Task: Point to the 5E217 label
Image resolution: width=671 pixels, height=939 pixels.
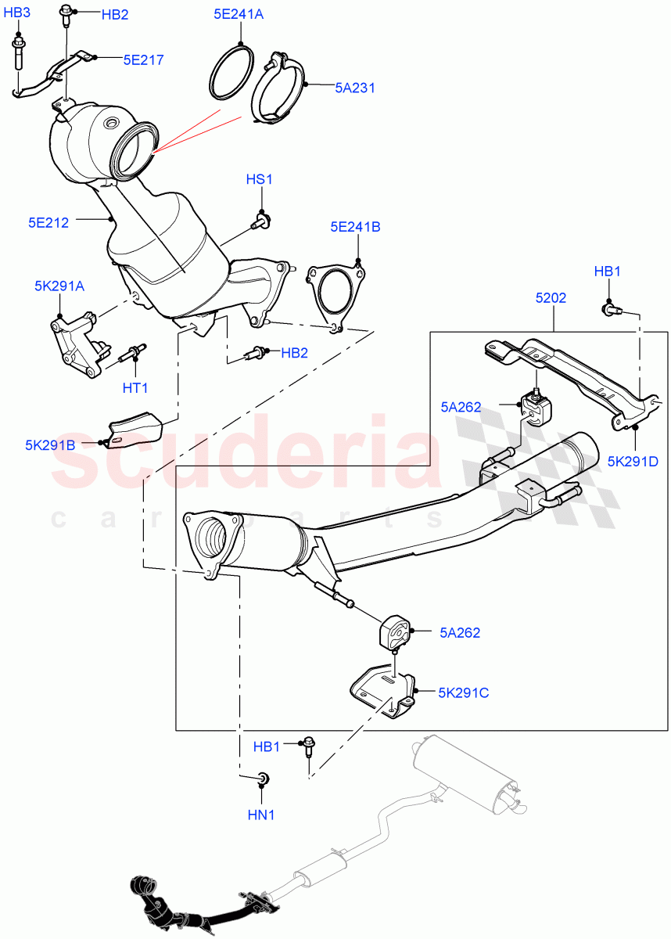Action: click(143, 59)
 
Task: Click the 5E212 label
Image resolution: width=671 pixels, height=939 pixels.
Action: click(48, 222)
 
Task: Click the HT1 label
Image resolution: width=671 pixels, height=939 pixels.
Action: click(135, 387)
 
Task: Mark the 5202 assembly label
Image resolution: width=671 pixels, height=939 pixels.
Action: click(551, 298)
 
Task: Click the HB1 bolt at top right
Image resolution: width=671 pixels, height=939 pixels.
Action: click(610, 310)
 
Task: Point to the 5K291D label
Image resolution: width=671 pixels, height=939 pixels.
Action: click(633, 461)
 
